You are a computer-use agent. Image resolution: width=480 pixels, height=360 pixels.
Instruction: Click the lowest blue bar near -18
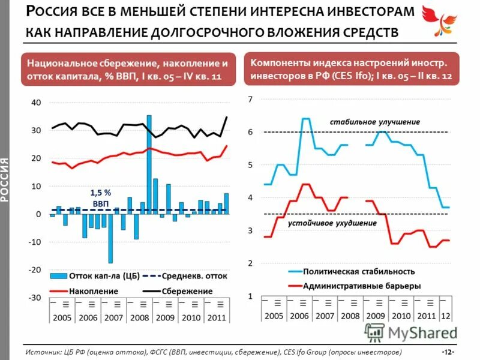pyautogui.click(x=110, y=239)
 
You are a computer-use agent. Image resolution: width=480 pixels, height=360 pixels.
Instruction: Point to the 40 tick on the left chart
pyautogui.click(x=36, y=103)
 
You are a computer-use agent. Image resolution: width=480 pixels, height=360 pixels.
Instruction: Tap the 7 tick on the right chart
pyautogui.click(x=250, y=99)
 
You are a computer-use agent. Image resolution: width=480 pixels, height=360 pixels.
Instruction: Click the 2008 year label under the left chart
pyautogui.click(x=140, y=317)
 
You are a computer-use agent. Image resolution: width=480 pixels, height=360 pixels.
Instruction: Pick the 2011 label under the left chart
pyautogui.click(x=217, y=317)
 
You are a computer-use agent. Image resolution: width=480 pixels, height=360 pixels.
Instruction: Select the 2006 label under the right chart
pyautogui.click(x=299, y=316)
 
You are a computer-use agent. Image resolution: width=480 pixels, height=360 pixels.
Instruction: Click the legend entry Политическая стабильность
pyautogui.click(x=359, y=271)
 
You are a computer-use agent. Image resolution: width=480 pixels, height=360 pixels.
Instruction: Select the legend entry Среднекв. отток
pyautogui.click(x=194, y=276)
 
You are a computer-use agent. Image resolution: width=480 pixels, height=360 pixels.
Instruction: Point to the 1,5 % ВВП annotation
pyautogui.click(x=101, y=198)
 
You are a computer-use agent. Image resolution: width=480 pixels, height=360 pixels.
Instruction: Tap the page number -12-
pyautogui.click(x=447, y=351)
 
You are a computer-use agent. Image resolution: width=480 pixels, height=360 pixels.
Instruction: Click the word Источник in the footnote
pyautogui.click(x=44, y=351)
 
